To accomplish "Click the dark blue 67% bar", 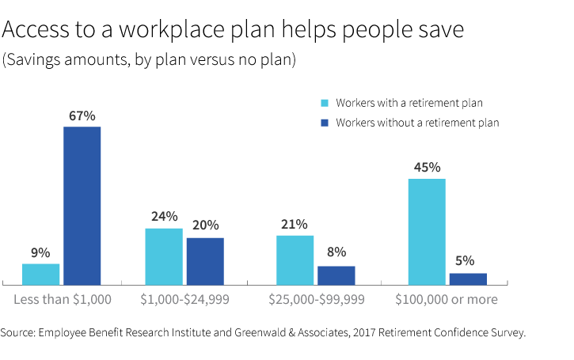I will [82, 205].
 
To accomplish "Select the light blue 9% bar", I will [41, 274].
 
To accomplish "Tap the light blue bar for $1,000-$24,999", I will [164, 256].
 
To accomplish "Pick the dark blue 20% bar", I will [205, 261].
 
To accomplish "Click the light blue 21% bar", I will [295, 260].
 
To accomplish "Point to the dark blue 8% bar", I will [336, 275].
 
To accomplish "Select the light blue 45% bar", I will [427, 231].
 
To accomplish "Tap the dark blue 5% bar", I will [468, 279].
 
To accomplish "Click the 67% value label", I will [82, 116].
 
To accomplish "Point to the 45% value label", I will [427, 168].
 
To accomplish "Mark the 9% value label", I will [41, 253].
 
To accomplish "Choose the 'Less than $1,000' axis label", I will [63, 300].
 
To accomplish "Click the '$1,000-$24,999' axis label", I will [184, 300].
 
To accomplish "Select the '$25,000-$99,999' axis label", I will [316, 300].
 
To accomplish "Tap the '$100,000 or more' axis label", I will [447, 300].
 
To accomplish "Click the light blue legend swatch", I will [324, 103].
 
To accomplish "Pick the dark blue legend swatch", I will [324, 123].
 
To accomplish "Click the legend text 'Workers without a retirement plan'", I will [417, 123].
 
